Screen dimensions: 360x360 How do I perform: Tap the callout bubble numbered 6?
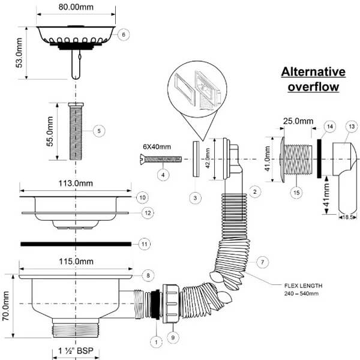tap(124, 34)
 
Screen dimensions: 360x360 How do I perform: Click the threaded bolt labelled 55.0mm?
tap(75, 131)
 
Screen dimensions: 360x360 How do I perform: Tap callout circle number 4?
tap(162, 175)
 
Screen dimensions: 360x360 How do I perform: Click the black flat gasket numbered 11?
tap(75, 244)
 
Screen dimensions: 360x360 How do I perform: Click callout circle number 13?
tap(351, 126)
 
